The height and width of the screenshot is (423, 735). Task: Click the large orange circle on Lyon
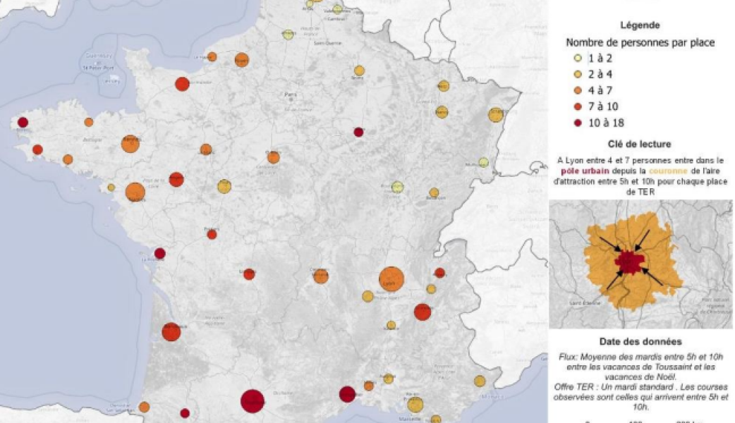(391, 279)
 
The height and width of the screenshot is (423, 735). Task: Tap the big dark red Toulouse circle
(253, 401)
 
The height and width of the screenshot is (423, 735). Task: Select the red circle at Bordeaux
(171, 331)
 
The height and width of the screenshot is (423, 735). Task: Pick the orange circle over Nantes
(135, 192)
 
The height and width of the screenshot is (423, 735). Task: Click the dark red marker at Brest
(23, 123)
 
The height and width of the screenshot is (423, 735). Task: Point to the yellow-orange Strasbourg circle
(496, 114)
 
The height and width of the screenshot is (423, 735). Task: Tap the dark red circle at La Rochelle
(160, 253)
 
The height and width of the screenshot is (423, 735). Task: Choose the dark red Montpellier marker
(347, 394)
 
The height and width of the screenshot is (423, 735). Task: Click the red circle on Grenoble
(423, 312)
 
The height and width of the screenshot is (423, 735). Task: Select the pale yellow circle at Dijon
(397, 187)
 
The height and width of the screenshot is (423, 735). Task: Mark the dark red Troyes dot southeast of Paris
(358, 132)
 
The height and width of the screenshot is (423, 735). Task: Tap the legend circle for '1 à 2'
(578, 59)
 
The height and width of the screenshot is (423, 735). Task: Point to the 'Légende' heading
(639, 25)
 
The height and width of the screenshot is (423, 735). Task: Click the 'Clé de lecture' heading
(640, 144)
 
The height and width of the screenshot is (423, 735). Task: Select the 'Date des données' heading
(639, 342)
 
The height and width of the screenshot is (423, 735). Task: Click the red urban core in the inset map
(630, 263)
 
